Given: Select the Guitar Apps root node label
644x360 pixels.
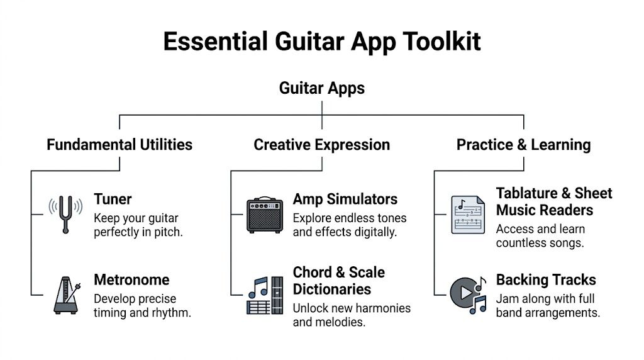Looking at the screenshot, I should click(x=321, y=87).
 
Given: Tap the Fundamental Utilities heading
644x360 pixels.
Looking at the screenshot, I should click(x=119, y=145).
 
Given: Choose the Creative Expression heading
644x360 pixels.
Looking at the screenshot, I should click(x=321, y=145).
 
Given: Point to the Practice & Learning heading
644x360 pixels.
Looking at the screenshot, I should click(x=523, y=145).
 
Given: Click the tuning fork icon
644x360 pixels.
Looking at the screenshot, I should click(x=65, y=214).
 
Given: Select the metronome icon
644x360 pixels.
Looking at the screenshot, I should click(x=67, y=294).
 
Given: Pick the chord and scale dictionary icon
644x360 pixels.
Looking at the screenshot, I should click(x=264, y=295).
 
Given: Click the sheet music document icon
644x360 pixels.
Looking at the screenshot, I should click(x=467, y=215).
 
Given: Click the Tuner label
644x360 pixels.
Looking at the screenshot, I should click(x=113, y=200).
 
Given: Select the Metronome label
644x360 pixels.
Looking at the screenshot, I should click(x=131, y=279).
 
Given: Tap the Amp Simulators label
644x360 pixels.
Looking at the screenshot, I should click(x=345, y=200).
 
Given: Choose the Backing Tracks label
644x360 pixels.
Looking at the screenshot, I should click(x=546, y=279).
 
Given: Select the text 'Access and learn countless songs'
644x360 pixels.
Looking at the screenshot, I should click(x=540, y=236).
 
